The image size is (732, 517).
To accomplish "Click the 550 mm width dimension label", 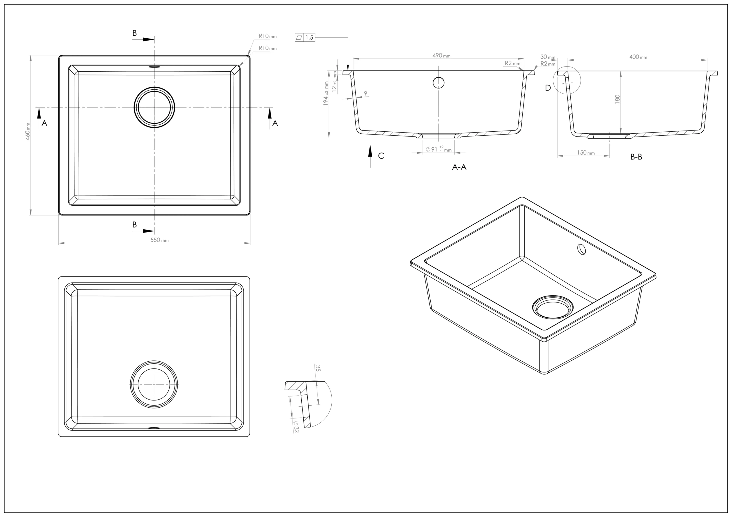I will pos(159,240).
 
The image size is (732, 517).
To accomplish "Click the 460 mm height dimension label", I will pos(28,131).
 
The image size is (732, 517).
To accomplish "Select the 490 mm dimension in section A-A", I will pos(441,56).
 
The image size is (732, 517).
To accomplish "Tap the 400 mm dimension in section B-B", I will pos(638,57).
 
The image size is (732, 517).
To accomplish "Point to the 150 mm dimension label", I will pos(585,153).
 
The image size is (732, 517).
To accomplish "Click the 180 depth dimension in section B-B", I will pos(617,99).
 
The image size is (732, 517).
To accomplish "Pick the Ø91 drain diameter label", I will pos(438,149).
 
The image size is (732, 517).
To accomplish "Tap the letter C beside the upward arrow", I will pos(381,156).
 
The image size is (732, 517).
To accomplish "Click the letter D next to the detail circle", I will pos(548,88).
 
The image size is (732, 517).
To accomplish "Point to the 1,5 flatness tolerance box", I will pos(305,38).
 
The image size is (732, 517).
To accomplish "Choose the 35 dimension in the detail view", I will pos(318,368).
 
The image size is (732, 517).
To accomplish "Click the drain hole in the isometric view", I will pos(552,307).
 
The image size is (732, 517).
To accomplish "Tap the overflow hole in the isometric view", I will pos(582,249).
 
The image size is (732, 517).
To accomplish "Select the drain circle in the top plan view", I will pos(154,107).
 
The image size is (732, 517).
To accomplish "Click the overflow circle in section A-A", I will pos(438,83).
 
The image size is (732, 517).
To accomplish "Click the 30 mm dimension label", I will pos(547,57).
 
